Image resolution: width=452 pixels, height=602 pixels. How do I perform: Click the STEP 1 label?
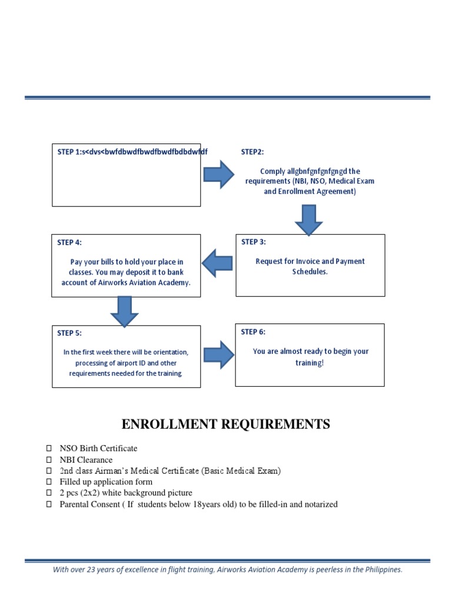69,152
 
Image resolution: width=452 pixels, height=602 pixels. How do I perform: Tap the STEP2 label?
252,152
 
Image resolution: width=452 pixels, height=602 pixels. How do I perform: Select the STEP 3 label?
254,242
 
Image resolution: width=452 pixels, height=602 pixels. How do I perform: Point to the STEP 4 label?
69,242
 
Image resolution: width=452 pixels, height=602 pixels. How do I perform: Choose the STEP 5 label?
69,333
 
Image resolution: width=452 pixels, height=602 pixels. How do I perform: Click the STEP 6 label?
253,332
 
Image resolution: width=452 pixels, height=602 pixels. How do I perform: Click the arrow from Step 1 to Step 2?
219,175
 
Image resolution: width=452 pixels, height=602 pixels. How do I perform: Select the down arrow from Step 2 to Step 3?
308,220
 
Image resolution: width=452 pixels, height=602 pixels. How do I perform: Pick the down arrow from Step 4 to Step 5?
124,311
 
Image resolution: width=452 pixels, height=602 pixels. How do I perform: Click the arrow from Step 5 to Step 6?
218,354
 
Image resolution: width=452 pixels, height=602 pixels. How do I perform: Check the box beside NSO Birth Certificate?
49,449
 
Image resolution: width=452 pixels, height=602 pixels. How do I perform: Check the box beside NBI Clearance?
49,460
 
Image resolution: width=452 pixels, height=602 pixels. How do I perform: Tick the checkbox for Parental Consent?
49,504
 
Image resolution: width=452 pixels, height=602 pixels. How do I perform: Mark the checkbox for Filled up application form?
49,482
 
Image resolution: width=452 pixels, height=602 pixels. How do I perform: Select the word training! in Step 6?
310,363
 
